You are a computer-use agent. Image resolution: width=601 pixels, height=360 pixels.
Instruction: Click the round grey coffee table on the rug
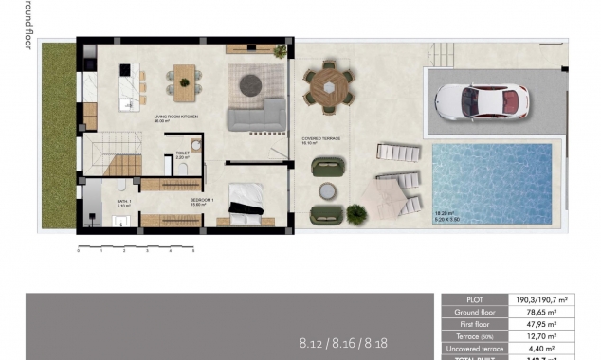tap(251, 83)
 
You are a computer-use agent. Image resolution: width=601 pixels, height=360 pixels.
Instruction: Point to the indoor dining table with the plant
tap(183, 81)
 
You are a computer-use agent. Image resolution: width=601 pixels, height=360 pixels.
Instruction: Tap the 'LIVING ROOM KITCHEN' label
tap(175, 117)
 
